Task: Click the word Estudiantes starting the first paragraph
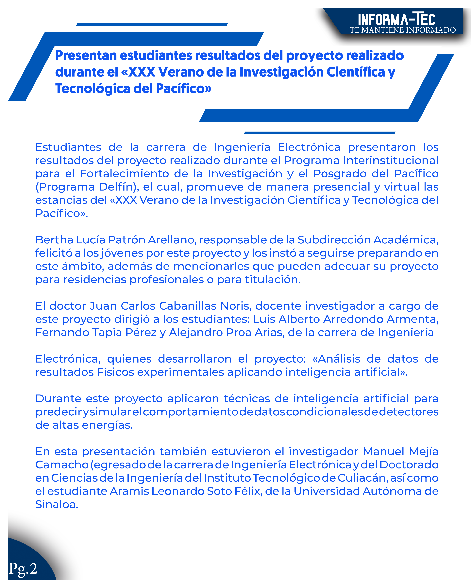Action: (x=68, y=147)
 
